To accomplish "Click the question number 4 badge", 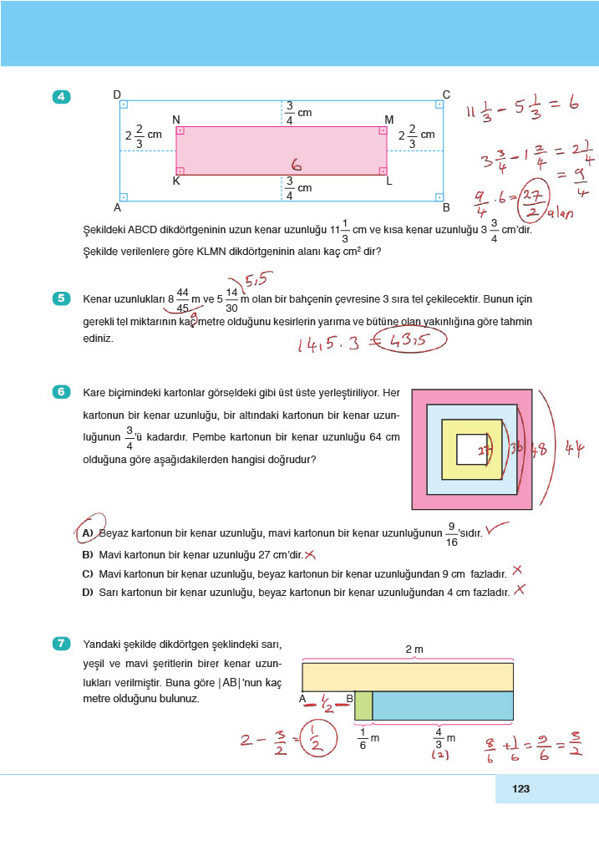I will click(62, 98).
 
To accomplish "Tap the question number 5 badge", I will click(62, 298).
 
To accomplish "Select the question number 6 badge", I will click(62, 392).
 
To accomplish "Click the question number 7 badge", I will click(62, 643).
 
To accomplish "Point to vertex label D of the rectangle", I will click(117, 94).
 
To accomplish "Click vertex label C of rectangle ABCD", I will click(446, 94).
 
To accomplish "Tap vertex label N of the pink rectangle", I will click(176, 120).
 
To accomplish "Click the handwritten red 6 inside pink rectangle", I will click(295, 165).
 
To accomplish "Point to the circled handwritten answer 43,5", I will click(410, 340).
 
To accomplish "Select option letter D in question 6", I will click(87, 592).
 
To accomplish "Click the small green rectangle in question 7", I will click(363, 706).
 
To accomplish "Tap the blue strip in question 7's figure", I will click(442, 706).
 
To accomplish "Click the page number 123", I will click(521, 788).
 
